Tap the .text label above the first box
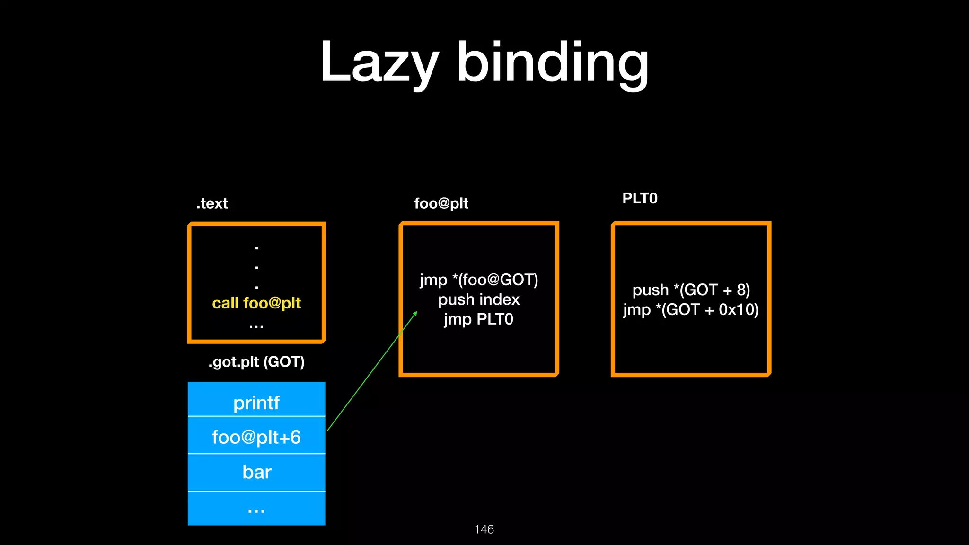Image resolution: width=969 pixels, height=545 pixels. click(212, 203)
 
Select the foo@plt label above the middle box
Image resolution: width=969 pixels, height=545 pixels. click(441, 203)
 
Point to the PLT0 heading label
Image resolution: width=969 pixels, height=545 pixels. click(640, 198)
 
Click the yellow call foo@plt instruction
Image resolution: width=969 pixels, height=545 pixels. click(256, 303)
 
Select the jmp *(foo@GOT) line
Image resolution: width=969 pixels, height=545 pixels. click(479, 280)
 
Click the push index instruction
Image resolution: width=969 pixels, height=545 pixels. click(479, 299)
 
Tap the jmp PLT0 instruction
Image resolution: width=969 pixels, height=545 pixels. click(479, 319)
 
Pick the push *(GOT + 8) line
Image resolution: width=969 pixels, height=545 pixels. click(691, 290)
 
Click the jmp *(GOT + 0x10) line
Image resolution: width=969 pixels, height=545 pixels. click(691, 309)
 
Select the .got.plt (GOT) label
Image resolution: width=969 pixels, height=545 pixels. click(256, 362)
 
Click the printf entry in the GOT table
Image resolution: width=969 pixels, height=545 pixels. click(256, 403)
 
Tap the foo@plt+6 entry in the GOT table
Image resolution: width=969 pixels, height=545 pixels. click(256, 437)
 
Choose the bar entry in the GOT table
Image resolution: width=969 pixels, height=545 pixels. click(256, 472)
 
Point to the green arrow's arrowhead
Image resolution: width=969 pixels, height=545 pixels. click(415, 313)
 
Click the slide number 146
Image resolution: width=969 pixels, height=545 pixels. click(484, 529)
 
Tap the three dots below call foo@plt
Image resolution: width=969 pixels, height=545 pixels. click(256, 326)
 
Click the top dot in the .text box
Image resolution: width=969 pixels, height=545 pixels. click(256, 248)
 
